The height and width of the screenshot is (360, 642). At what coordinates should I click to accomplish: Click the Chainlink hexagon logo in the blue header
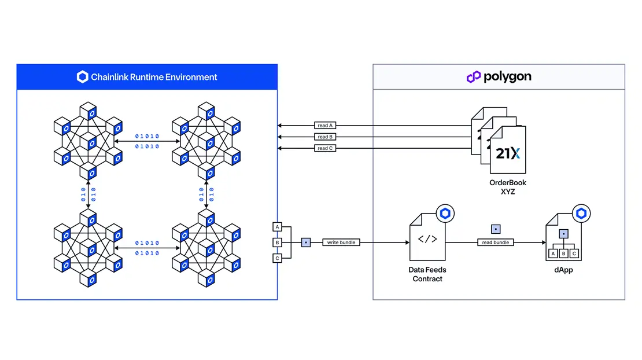tap(83, 77)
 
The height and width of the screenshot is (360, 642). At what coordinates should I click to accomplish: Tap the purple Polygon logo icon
tap(474, 77)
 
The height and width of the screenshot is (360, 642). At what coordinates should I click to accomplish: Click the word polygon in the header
tap(507, 77)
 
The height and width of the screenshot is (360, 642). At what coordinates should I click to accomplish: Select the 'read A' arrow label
tap(324, 125)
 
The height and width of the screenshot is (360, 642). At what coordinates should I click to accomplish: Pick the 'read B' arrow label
tap(324, 137)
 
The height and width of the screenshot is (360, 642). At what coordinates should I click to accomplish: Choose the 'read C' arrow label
tap(324, 148)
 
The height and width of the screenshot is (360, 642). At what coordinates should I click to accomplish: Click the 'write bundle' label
tap(341, 243)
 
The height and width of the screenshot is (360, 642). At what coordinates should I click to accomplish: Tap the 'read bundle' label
tap(495, 243)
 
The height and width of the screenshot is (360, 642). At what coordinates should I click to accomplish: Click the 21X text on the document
tap(508, 153)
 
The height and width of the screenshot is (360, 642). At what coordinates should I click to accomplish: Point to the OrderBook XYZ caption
tap(508, 187)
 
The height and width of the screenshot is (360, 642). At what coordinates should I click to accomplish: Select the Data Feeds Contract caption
tap(428, 274)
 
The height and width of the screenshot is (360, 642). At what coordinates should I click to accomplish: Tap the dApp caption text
tap(563, 270)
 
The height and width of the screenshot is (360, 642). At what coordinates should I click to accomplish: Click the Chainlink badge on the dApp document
tap(581, 214)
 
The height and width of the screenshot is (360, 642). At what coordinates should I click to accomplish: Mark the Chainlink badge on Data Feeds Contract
tap(445, 214)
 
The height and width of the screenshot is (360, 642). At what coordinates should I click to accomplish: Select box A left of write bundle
tap(278, 227)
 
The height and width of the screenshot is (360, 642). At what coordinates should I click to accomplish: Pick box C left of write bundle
tap(278, 258)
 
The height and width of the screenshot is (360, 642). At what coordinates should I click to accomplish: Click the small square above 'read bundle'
tap(495, 229)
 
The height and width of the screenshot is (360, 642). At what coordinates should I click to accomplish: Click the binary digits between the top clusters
tap(147, 141)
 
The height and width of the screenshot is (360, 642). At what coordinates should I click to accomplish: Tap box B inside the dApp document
tap(563, 254)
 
